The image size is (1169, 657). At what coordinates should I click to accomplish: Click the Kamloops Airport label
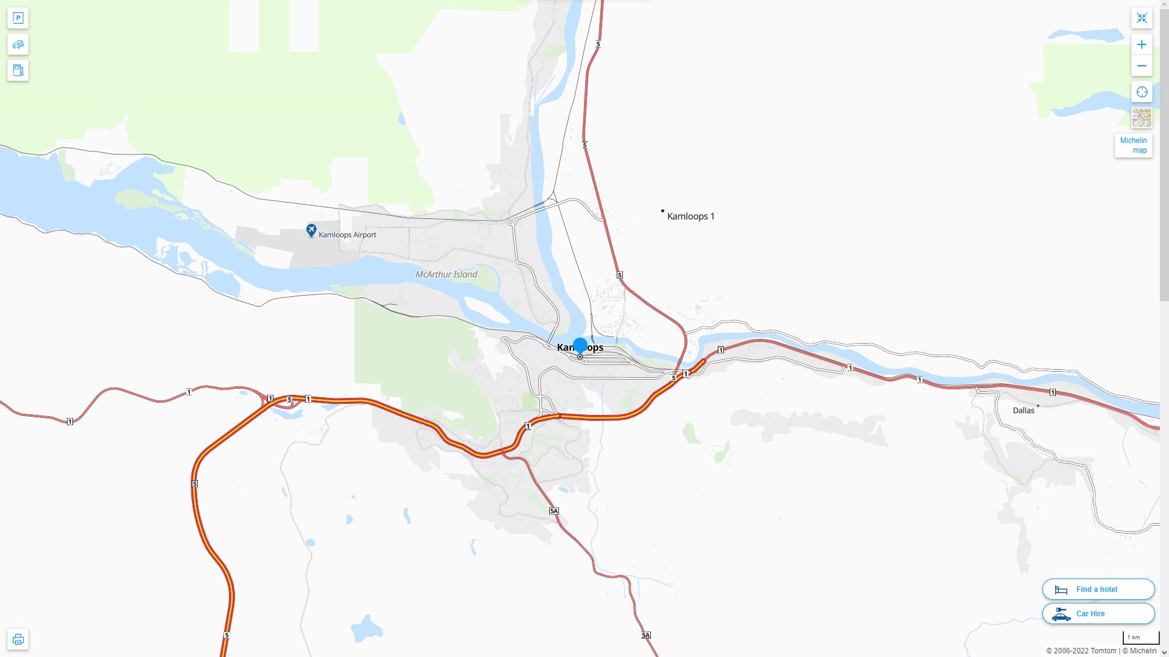[347, 235]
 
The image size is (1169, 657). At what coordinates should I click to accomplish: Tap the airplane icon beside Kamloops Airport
[311, 231]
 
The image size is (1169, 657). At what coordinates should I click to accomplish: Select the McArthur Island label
[446, 274]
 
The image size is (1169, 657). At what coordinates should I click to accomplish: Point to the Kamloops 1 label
[690, 216]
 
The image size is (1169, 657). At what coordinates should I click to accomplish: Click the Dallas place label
[1023, 411]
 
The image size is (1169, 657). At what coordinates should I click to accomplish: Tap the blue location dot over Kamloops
[580, 346]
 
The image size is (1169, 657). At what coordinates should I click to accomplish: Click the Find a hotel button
[1098, 589]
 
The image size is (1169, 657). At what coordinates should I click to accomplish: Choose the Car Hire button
[1098, 614]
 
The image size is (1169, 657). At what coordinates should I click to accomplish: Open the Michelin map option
[1133, 145]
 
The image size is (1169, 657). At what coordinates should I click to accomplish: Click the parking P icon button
[18, 18]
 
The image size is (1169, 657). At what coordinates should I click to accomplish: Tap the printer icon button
[18, 639]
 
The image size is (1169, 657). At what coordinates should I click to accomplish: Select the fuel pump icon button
[18, 71]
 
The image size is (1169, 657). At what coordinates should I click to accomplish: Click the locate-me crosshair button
[1142, 92]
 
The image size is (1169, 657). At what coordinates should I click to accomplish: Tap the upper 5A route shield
[553, 511]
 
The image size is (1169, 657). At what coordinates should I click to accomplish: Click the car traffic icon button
[18, 44]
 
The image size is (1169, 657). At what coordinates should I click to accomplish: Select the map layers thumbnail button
[1142, 118]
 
